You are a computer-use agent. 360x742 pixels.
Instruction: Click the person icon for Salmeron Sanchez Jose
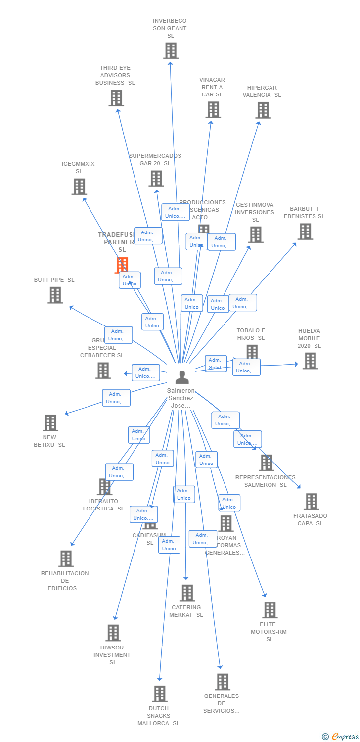(182, 377)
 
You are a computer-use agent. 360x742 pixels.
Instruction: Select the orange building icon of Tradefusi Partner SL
(122, 265)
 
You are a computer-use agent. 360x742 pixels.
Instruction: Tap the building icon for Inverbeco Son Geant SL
(171, 50)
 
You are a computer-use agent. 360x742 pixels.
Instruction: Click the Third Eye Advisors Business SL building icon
(116, 98)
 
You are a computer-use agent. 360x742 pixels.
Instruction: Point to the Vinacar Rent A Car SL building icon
(213, 110)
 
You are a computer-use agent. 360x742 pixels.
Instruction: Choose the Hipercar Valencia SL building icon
(263, 110)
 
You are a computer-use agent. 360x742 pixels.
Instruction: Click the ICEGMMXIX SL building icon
(79, 187)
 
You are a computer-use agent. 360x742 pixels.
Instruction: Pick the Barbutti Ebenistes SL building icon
(305, 232)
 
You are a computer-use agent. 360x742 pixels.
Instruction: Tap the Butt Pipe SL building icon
(55, 295)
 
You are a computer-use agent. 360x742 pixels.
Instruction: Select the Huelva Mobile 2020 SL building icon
(310, 361)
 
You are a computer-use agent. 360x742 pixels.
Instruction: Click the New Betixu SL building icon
(50, 423)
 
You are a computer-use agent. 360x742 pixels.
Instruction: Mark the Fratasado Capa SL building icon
(312, 502)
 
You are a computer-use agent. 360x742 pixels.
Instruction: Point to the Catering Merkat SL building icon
(187, 593)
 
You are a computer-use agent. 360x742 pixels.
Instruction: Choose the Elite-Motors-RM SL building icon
(270, 610)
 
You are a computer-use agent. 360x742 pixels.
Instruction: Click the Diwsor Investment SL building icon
(113, 633)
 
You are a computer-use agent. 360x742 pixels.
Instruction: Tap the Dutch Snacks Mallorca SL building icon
(160, 694)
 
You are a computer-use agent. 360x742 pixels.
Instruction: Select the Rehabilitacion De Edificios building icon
(66, 558)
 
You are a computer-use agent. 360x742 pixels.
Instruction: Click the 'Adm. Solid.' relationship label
(216, 364)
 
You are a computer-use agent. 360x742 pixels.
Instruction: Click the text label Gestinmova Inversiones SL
(255, 212)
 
